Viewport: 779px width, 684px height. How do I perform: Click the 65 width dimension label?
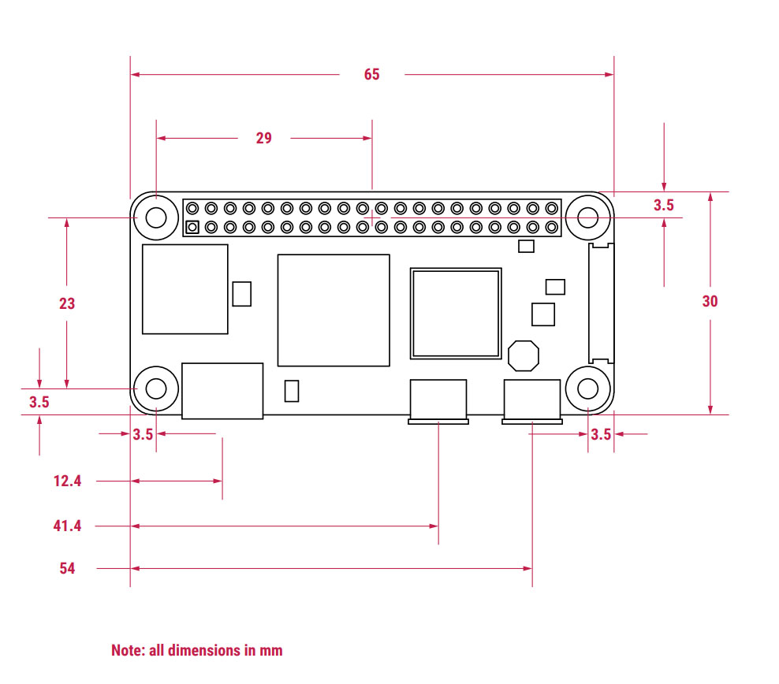click(x=371, y=74)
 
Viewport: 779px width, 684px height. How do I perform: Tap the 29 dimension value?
click(x=263, y=138)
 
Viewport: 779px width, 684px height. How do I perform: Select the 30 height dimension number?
click(x=710, y=301)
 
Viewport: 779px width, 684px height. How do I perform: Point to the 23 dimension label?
click(x=67, y=303)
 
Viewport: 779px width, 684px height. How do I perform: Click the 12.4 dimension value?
click(x=67, y=481)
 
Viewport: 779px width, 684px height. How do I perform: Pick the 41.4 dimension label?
click(x=67, y=525)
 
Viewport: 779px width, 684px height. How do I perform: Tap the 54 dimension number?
click(x=67, y=567)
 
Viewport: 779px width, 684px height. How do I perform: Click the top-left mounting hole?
click(x=156, y=217)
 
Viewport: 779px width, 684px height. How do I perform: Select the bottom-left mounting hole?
click(x=156, y=388)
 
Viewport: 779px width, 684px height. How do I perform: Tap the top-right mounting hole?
click(x=588, y=217)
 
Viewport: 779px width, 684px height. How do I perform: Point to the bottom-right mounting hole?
click(x=588, y=388)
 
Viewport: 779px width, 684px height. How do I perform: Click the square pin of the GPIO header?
click(x=192, y=228)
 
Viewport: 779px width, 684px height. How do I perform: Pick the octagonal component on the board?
click(x=523, y=355)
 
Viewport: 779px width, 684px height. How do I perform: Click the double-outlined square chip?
click(x=456, y=314)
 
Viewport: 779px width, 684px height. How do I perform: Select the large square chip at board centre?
click(x=334, y=310)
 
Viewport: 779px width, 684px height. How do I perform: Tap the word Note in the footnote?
click(x=126, y=650)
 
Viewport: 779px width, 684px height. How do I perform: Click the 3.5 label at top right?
click(x=664, y=206)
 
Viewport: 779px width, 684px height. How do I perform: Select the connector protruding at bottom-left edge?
click(x=222, y=391)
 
